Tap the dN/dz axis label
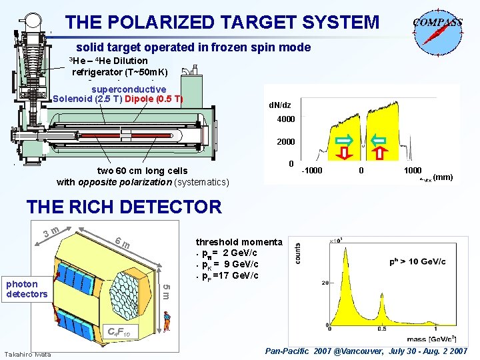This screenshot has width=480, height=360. [279, 105]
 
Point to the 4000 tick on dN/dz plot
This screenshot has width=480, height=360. [286, 120]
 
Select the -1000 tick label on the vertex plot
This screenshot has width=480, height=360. [311, 171]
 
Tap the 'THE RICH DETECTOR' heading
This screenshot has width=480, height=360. [123, 207]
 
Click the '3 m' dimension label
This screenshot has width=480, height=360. [52, 231]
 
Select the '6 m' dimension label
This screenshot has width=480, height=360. [121, 244]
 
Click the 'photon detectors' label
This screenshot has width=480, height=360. [27, 289]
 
